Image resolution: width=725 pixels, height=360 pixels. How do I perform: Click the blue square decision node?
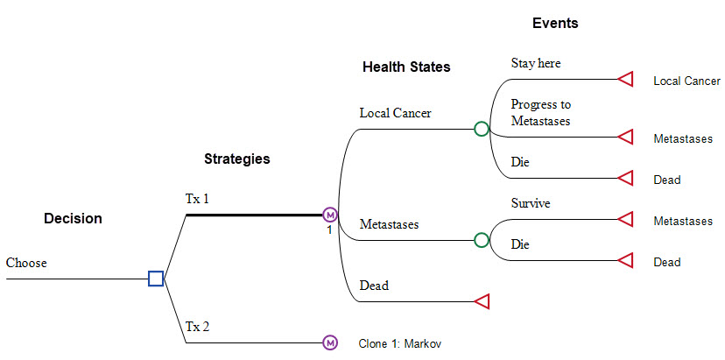(x=156, y=279)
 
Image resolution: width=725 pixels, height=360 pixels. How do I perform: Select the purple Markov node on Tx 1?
(x=330, y=215)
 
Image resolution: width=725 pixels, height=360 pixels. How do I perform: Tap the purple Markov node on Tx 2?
(x=330, y=342)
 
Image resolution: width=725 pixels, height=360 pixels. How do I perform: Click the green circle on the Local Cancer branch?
(x=482, y=129)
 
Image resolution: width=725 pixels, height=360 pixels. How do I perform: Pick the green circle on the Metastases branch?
(x=482, y=240)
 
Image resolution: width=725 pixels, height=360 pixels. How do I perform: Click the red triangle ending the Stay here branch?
(x=625, y=79)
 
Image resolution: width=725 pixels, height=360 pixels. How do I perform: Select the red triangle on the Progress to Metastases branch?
(x=625, y=137)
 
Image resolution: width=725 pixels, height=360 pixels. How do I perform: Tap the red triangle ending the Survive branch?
(x=625, y=218)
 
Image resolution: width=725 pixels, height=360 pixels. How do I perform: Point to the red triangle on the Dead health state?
(x=482, y=301)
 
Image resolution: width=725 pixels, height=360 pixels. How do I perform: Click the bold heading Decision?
(x=73, y=218)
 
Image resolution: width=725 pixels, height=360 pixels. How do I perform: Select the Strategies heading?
(x=237, y=159)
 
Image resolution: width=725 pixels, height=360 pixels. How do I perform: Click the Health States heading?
(x=406, y=67)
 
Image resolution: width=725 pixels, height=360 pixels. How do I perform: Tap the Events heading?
(x=555, y=23)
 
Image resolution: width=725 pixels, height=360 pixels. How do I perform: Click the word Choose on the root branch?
(x=26, y=263)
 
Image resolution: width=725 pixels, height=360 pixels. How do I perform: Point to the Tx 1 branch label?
(x=197, y=199)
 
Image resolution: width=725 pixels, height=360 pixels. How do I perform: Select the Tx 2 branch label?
(x=197, y=327)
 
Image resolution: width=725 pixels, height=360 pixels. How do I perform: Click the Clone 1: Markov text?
(x=400, y=344)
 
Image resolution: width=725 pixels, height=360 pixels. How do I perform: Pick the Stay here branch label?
(x=536, y=63)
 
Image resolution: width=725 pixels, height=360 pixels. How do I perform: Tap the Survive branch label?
(x=531, y=202)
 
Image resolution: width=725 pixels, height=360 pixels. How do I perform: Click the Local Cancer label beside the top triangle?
(x=686, y=81)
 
